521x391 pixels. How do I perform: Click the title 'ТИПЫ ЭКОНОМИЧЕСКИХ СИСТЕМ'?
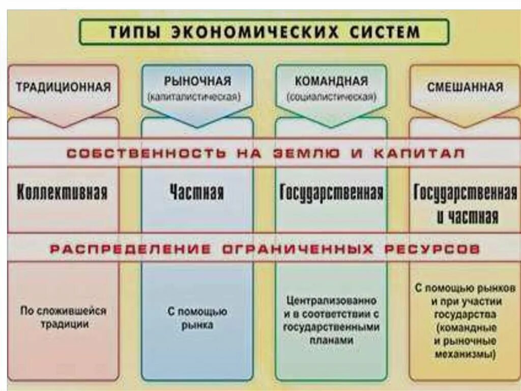pos(264,32)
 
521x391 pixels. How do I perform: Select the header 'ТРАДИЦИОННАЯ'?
pos(63,87)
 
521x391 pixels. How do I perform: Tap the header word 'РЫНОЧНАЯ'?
pos(197,81)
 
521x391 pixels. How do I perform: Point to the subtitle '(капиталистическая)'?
pos(197,96)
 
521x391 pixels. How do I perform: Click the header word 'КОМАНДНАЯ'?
pos(331,81)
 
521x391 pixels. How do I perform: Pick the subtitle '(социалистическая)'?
pos(331,96)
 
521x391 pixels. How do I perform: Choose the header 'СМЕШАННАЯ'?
pos(465,87)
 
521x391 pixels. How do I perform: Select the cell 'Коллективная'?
pos(63,193)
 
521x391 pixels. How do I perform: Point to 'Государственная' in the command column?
pos(331,193)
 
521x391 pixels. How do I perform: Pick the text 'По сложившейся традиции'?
pos(64,317)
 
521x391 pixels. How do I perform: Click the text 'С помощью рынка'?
pos(197,318)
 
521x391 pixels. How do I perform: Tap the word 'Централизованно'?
pos(331,301)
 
